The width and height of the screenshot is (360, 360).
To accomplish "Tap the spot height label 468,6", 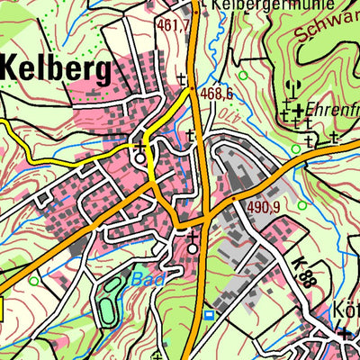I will tap(217, 93).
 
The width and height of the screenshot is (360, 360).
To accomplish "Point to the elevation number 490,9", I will tap(264, 207).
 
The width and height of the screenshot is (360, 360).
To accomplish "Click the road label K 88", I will tap(303, 271).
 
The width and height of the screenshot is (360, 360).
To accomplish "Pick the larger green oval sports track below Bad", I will tap(108, 301).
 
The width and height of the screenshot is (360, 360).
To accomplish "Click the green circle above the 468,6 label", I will tap(241, 76).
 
